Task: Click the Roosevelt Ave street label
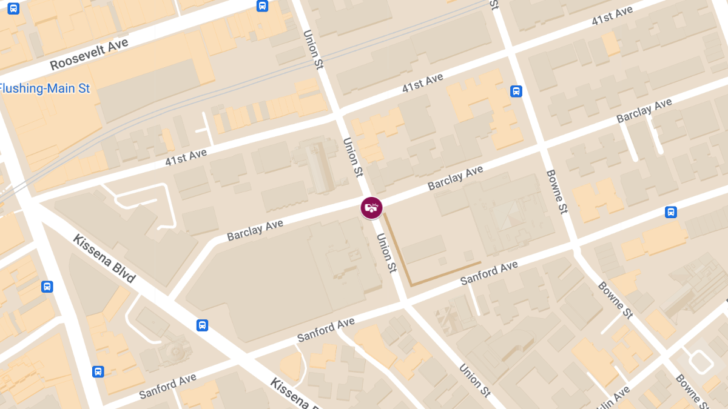[x=89, y=54]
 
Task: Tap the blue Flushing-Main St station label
[x=44, y=88]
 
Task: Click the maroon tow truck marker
[x=371, y=208]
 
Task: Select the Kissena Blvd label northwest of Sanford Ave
[x=104, y=258]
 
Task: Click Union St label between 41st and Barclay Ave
[x=352, y=157]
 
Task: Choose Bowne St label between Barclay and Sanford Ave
[x=556, y=191]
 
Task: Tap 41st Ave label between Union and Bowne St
[x=422, y=84]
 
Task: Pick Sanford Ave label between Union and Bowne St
[x=489, y=273]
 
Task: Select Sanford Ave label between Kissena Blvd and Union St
[x=325, y=331]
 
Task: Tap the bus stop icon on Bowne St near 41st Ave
[x=516, y=91]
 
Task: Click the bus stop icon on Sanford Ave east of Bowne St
[x=671, y=212]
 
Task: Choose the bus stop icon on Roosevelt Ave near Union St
[x=262, y=6]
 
